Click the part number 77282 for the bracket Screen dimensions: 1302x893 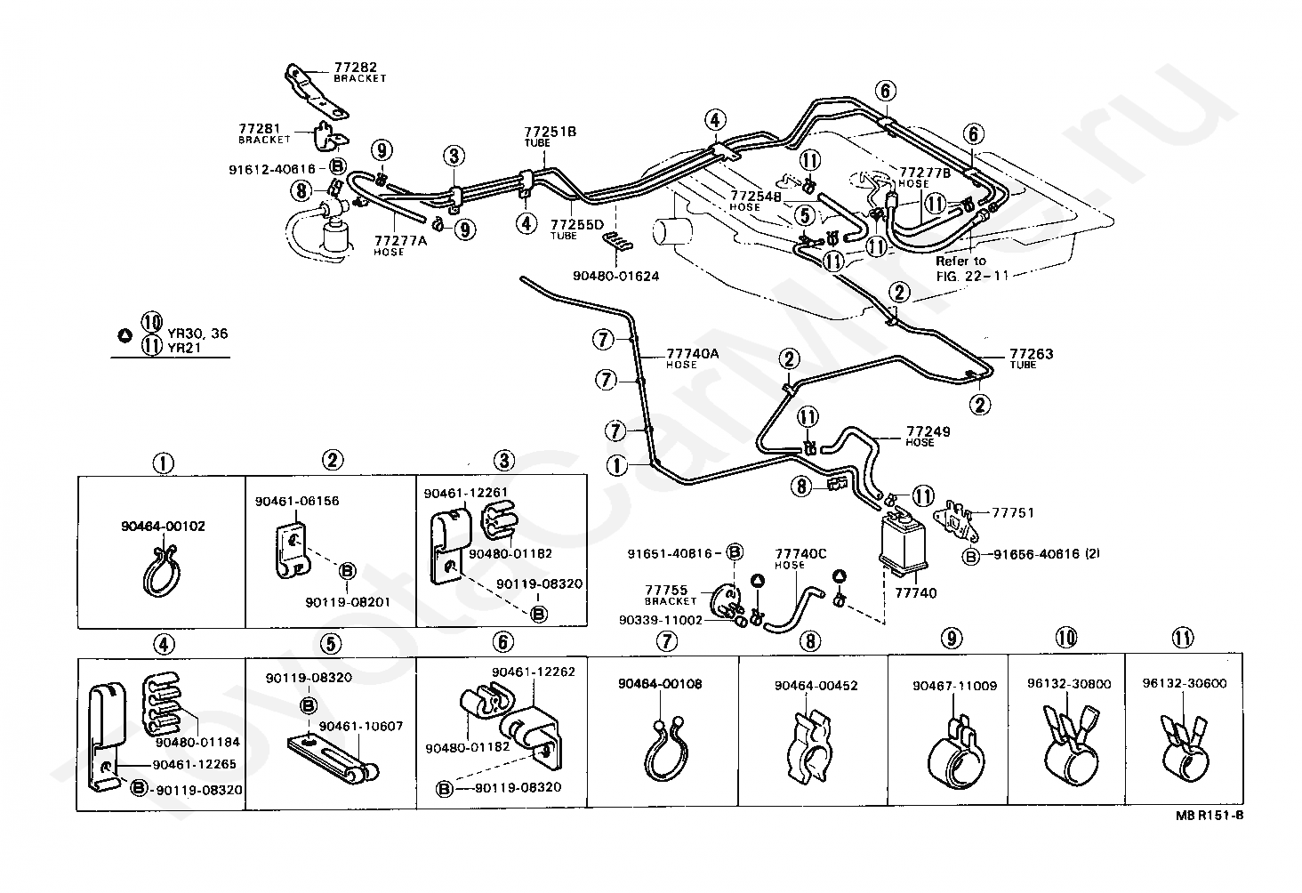[355, 67]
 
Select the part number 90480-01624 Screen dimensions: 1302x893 [616, 276]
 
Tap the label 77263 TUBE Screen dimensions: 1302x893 [1031, 358]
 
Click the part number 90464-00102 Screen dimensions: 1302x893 [163, 527]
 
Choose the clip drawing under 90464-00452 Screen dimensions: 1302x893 [810, 746]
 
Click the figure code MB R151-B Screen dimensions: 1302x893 [1210, 816]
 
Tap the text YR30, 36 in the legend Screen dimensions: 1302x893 [197, 334]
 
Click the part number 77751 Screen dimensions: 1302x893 [1013, 512]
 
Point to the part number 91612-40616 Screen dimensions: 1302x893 [272, 169]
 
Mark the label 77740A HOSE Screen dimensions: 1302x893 [692, 358]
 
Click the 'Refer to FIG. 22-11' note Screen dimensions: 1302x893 [969, 269]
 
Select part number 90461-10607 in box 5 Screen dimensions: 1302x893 [361, 726]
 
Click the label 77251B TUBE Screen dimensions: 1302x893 [550, 136]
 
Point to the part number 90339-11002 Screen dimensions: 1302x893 [661, 620]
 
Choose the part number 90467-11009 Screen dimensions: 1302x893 [954, 686]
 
